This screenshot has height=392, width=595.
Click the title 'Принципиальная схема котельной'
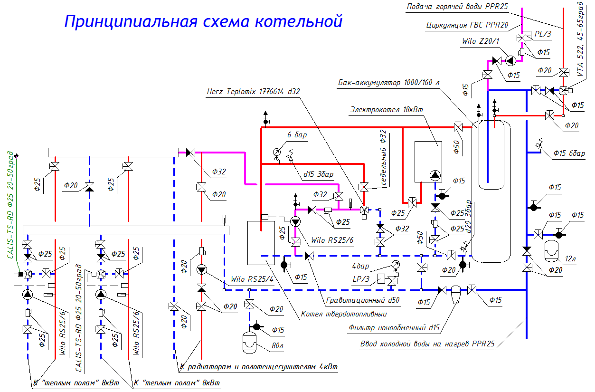203,21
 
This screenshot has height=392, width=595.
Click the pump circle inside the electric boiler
435,176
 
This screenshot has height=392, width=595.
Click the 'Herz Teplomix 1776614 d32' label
254,91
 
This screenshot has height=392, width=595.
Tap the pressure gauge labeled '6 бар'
278,152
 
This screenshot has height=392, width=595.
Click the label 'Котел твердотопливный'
344,314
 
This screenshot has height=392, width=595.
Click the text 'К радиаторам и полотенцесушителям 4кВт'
259,367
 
